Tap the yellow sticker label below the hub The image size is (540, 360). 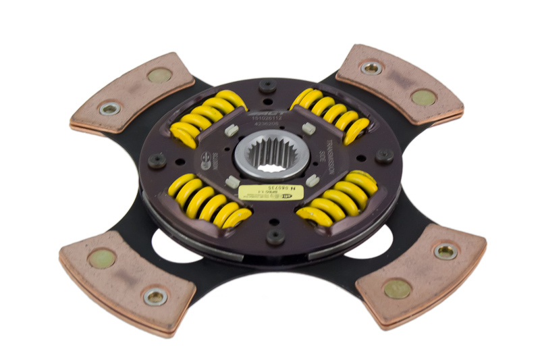[273, 192]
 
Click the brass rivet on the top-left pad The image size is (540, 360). [159, 76]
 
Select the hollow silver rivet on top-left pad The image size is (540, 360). [109, 108]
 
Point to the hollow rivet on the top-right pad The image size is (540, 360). [371, 68]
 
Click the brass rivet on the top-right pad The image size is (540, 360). [423, 97]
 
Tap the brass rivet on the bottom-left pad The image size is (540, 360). [102, 258]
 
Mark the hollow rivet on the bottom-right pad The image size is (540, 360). [446, 252]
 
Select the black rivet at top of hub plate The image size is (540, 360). [268, 86]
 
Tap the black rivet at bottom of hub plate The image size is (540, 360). [275, 236]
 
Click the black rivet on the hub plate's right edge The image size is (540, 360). [384, 156]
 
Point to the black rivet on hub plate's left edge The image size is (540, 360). [157, 161]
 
